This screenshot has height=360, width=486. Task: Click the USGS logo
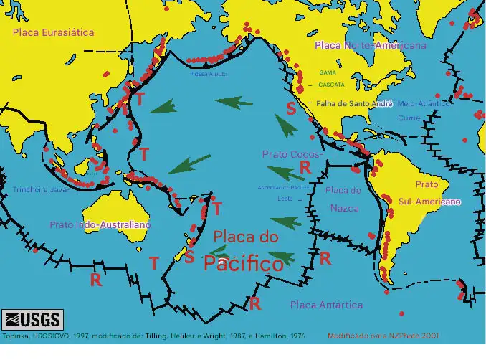(x=32, y=319)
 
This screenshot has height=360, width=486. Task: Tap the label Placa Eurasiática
(x=53, y=32)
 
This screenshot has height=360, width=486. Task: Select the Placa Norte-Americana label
(x=370, y=45)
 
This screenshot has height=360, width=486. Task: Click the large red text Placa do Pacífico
(x=245, y=250)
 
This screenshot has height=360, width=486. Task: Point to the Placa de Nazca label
(x=343, y=199)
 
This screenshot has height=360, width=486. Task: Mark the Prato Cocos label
(x=292, y=153)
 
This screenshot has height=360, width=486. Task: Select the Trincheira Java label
(x=39, y=190)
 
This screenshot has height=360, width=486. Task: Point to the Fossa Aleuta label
(x=209, y=74)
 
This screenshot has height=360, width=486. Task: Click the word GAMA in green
(x=328, y=73)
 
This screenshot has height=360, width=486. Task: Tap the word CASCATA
(x=328, y=85)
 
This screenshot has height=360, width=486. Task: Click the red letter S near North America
(x=290, y=109)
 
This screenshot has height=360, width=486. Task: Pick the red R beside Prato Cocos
(x=304, y=166)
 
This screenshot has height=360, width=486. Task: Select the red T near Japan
(x=140, y=99)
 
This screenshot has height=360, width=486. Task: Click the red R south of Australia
(x=95, y=280)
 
